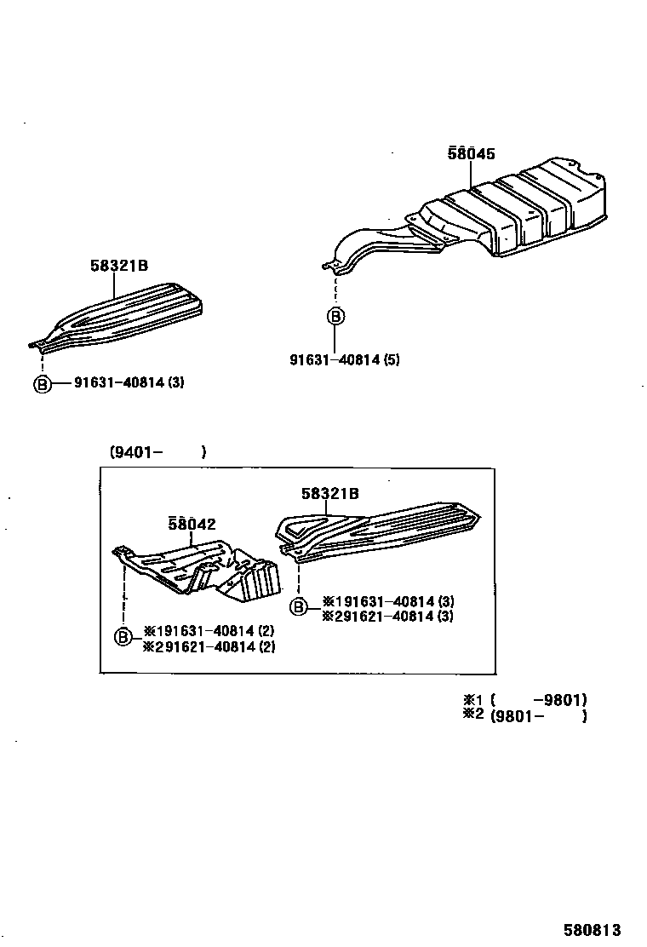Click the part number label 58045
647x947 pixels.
pyautogui.click(x=471, y=154)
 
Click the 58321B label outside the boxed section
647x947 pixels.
pyautogui.click(x=119, y=266)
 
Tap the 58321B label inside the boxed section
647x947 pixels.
pyautogui.click(x=329, y=493)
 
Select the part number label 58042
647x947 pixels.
pyautogui.click(x=191, y=525)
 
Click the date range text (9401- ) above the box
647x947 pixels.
pyautogui.click(x=157, y=452)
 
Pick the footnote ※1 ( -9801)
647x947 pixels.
pyautogui.click(x=524, y=700)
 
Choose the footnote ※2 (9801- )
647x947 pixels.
pyautogui.click(x=524, y=715)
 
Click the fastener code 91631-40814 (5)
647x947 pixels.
pyautogui.click(x=344, y=359)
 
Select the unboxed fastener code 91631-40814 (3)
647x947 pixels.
pyautogui.click(x=129, y=382)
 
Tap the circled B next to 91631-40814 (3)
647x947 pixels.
pyautogui.click(x=42, y=383)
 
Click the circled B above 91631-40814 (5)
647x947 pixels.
pyautogui.click(x=336, y=317)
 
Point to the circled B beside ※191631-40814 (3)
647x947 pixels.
pyautogui.click(x=299, y=606)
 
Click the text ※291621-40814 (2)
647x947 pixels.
pyautogui.click(x=209, y=647)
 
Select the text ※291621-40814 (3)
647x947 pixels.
pyautogui.click(x=387, y=617)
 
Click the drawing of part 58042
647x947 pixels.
pyautogui.click(x=204, y=568)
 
